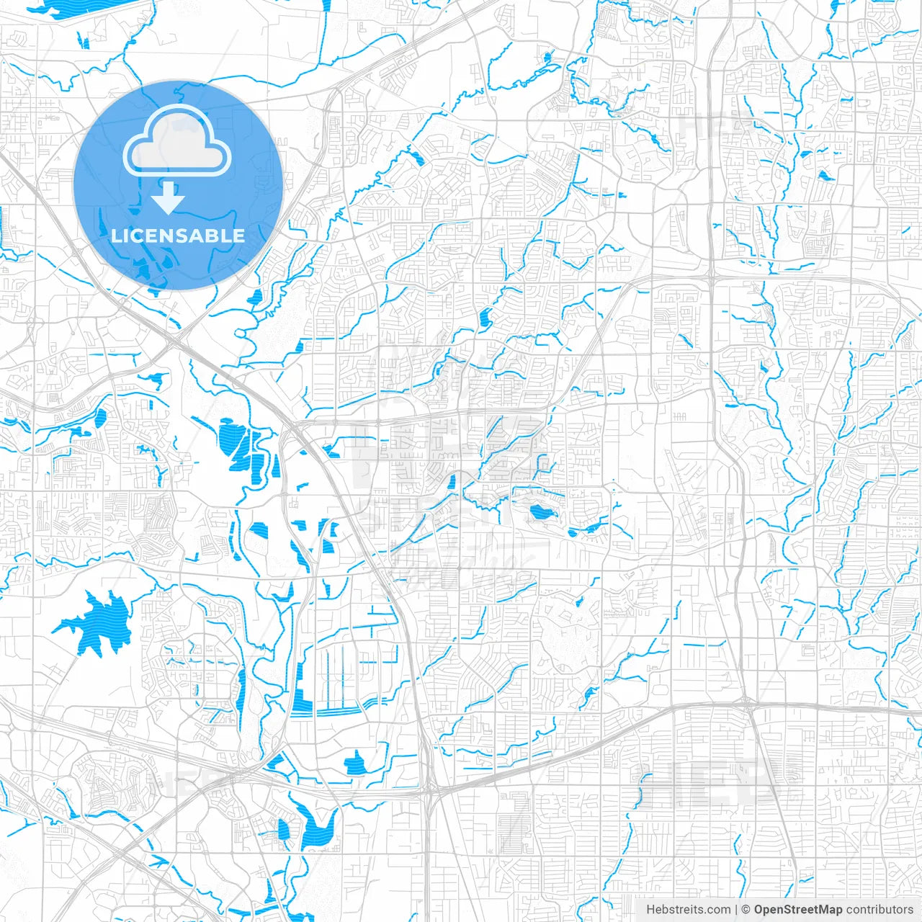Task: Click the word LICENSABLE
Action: [178, 236]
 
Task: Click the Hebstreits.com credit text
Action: [688, 910]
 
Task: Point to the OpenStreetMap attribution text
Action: [798, 910]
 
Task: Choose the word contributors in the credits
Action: [880, 910]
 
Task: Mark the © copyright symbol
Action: [746, 910]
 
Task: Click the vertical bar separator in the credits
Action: [736, 910]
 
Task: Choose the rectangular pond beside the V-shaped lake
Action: [284, 830]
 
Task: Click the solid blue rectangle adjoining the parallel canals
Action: [299, 688]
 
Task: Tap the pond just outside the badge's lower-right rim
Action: [254, 297]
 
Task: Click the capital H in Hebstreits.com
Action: [650, 910]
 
